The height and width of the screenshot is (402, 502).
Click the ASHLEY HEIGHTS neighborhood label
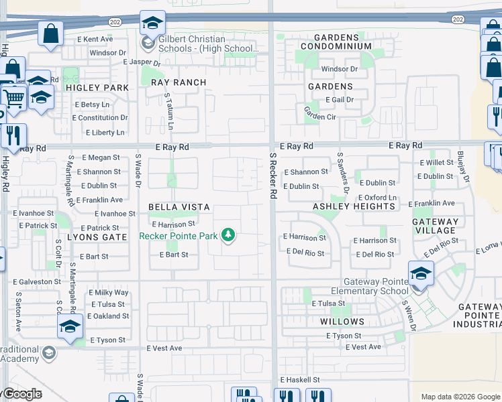pos(354,206)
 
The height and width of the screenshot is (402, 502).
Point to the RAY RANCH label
pos(179,82)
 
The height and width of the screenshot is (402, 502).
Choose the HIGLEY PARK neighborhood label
pos(97,88)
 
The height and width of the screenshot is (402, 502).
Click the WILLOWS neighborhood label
pos(342,322)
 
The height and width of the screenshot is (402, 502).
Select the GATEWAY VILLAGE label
pos(436,226)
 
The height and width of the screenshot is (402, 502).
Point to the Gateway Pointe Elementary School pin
pos(421,273)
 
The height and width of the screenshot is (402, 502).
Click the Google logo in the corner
pos(21,394)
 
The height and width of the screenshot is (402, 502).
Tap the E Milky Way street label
pos(108,293)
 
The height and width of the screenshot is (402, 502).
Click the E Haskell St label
pos(301,380)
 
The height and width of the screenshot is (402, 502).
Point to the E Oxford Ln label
pos(376,198)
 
